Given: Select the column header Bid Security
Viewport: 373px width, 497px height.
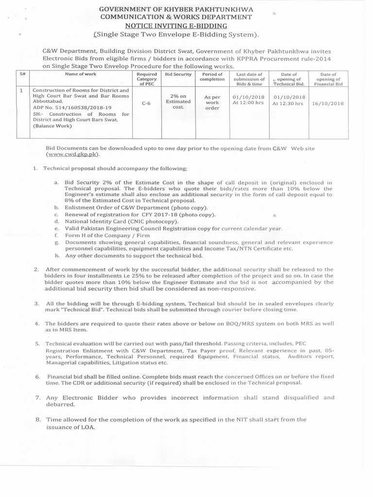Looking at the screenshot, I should [175, 74].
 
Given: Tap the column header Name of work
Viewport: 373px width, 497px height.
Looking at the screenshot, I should [81, 74].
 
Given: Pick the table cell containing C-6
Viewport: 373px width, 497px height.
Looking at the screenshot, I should [146, 103].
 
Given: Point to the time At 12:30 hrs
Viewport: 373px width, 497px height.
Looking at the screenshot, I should [288, 103].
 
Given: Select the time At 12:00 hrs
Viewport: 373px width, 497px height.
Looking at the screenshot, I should [248, 103].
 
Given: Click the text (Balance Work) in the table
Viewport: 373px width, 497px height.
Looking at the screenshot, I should [52, 126].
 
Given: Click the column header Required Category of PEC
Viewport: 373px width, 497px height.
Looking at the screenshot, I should [146, 79].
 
